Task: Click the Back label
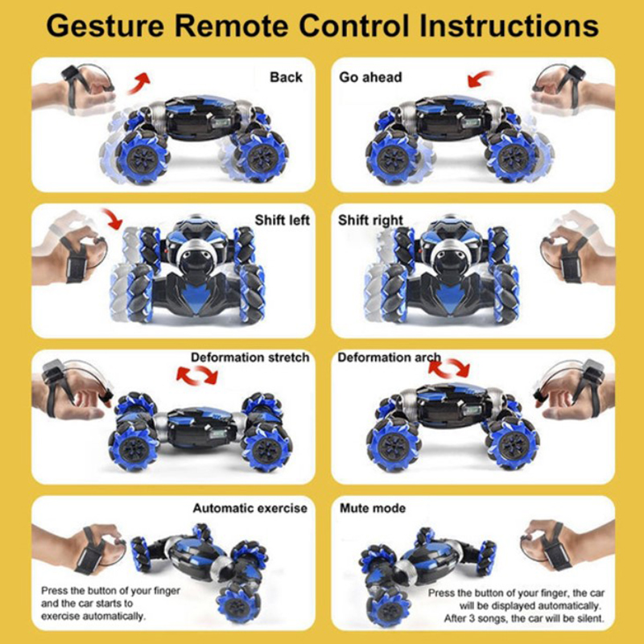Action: pos(286,77)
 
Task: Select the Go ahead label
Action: pos(370,77)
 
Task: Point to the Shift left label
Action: pos(282,220)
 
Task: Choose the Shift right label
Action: pos(370,221)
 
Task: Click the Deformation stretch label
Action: pos(250,357)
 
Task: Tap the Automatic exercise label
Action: pos(250,509)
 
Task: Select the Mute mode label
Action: pos(373,509)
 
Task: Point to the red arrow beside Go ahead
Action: pos(480,78)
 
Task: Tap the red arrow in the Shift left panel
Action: pos(112,218)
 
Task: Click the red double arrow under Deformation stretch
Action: pos(197,375)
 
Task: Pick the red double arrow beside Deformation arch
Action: pos(448,368)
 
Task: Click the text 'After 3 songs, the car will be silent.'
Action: pos(524,618)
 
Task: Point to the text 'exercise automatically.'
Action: pos(93,617)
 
